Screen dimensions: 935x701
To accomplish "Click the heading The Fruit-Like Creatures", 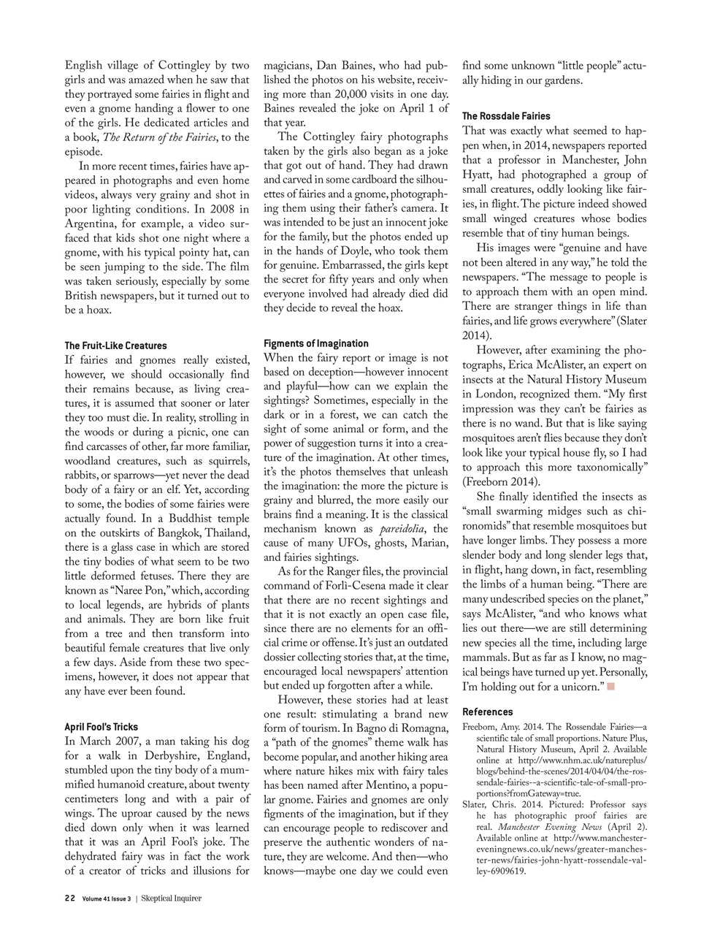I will (115, 346).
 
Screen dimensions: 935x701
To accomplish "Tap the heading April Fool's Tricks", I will (101, 727).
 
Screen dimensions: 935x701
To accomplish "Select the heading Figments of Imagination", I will (316, 343).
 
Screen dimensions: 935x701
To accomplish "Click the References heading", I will (488, 711).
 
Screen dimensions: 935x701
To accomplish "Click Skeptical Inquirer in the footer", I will (172, 898).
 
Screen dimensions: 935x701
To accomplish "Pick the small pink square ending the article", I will (611, 686).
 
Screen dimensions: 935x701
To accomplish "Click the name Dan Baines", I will (349, 66).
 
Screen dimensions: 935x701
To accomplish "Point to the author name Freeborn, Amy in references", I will (493, 727).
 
